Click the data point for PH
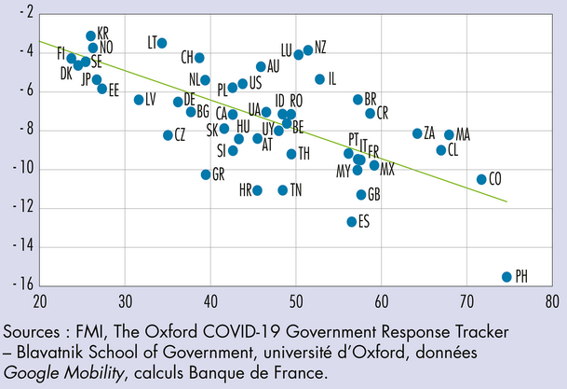coord(507,277)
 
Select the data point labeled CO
coord(481,179)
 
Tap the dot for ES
coord(352,222)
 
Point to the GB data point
coord(361,195)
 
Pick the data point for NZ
coord(308,50)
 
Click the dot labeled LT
coord(162,43)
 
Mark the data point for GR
coord(206,174)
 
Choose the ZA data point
coord(417,133)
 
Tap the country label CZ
coord(181,135)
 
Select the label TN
coord(296,190)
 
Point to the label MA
coord(463,135)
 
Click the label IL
coord(333,78)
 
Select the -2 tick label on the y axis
coord(28,13)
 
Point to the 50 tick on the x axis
coord(296,302)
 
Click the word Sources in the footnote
coord(34,333)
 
